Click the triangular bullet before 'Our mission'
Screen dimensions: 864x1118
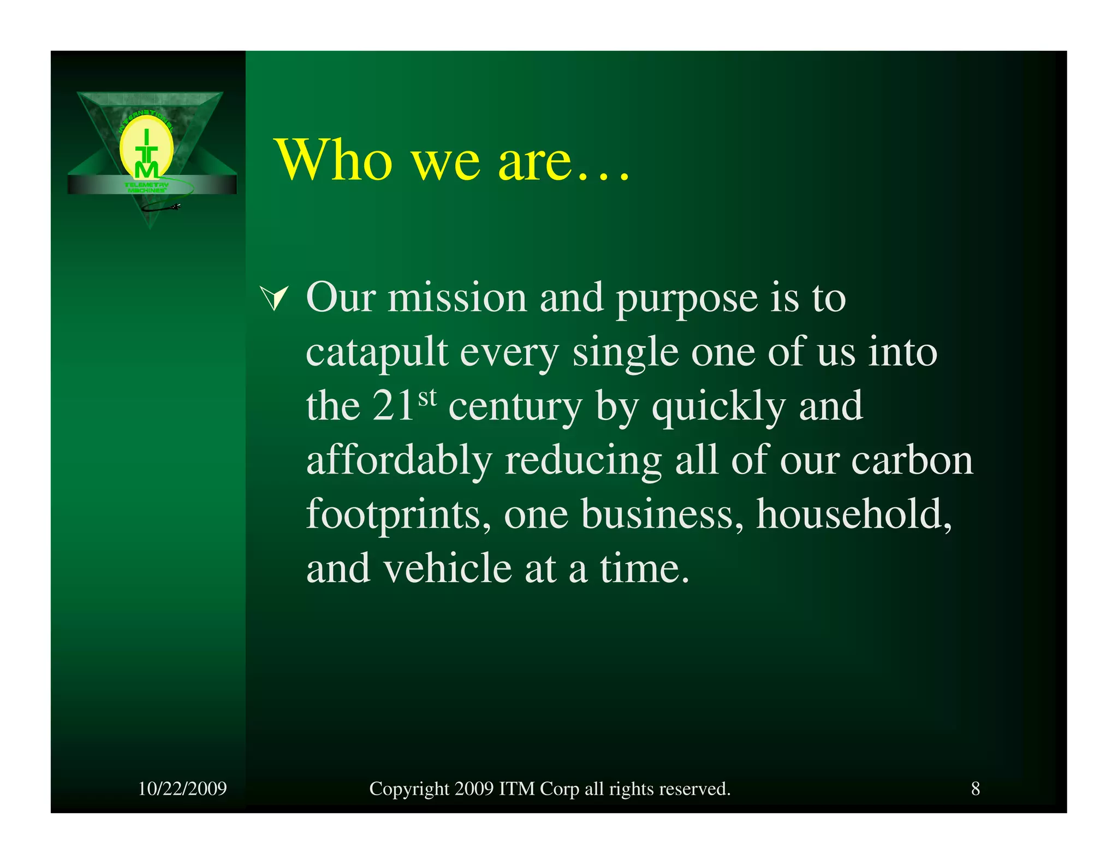(x=275, y=298)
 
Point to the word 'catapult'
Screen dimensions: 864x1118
(x=377, y=352)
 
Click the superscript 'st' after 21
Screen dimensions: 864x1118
(x=427, y=397)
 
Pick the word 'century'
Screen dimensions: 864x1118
(x=515, y=407)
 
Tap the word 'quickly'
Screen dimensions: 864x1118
(x=718, y=407)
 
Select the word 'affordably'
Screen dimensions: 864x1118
(x=399, y=460)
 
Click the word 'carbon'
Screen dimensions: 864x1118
(x=912, y=460)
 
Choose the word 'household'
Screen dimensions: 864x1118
(x=853, y=514)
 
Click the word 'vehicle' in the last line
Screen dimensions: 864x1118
(x=447, y=569)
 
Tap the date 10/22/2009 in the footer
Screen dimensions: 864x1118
(x=182, y=789)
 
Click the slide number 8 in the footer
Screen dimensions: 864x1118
(x=975, y=789)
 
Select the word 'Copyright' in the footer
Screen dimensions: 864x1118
(x=409, y=789)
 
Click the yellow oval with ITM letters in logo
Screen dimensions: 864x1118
(x=146, y=149)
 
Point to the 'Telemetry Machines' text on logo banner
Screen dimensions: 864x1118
(x=146, y=187)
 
